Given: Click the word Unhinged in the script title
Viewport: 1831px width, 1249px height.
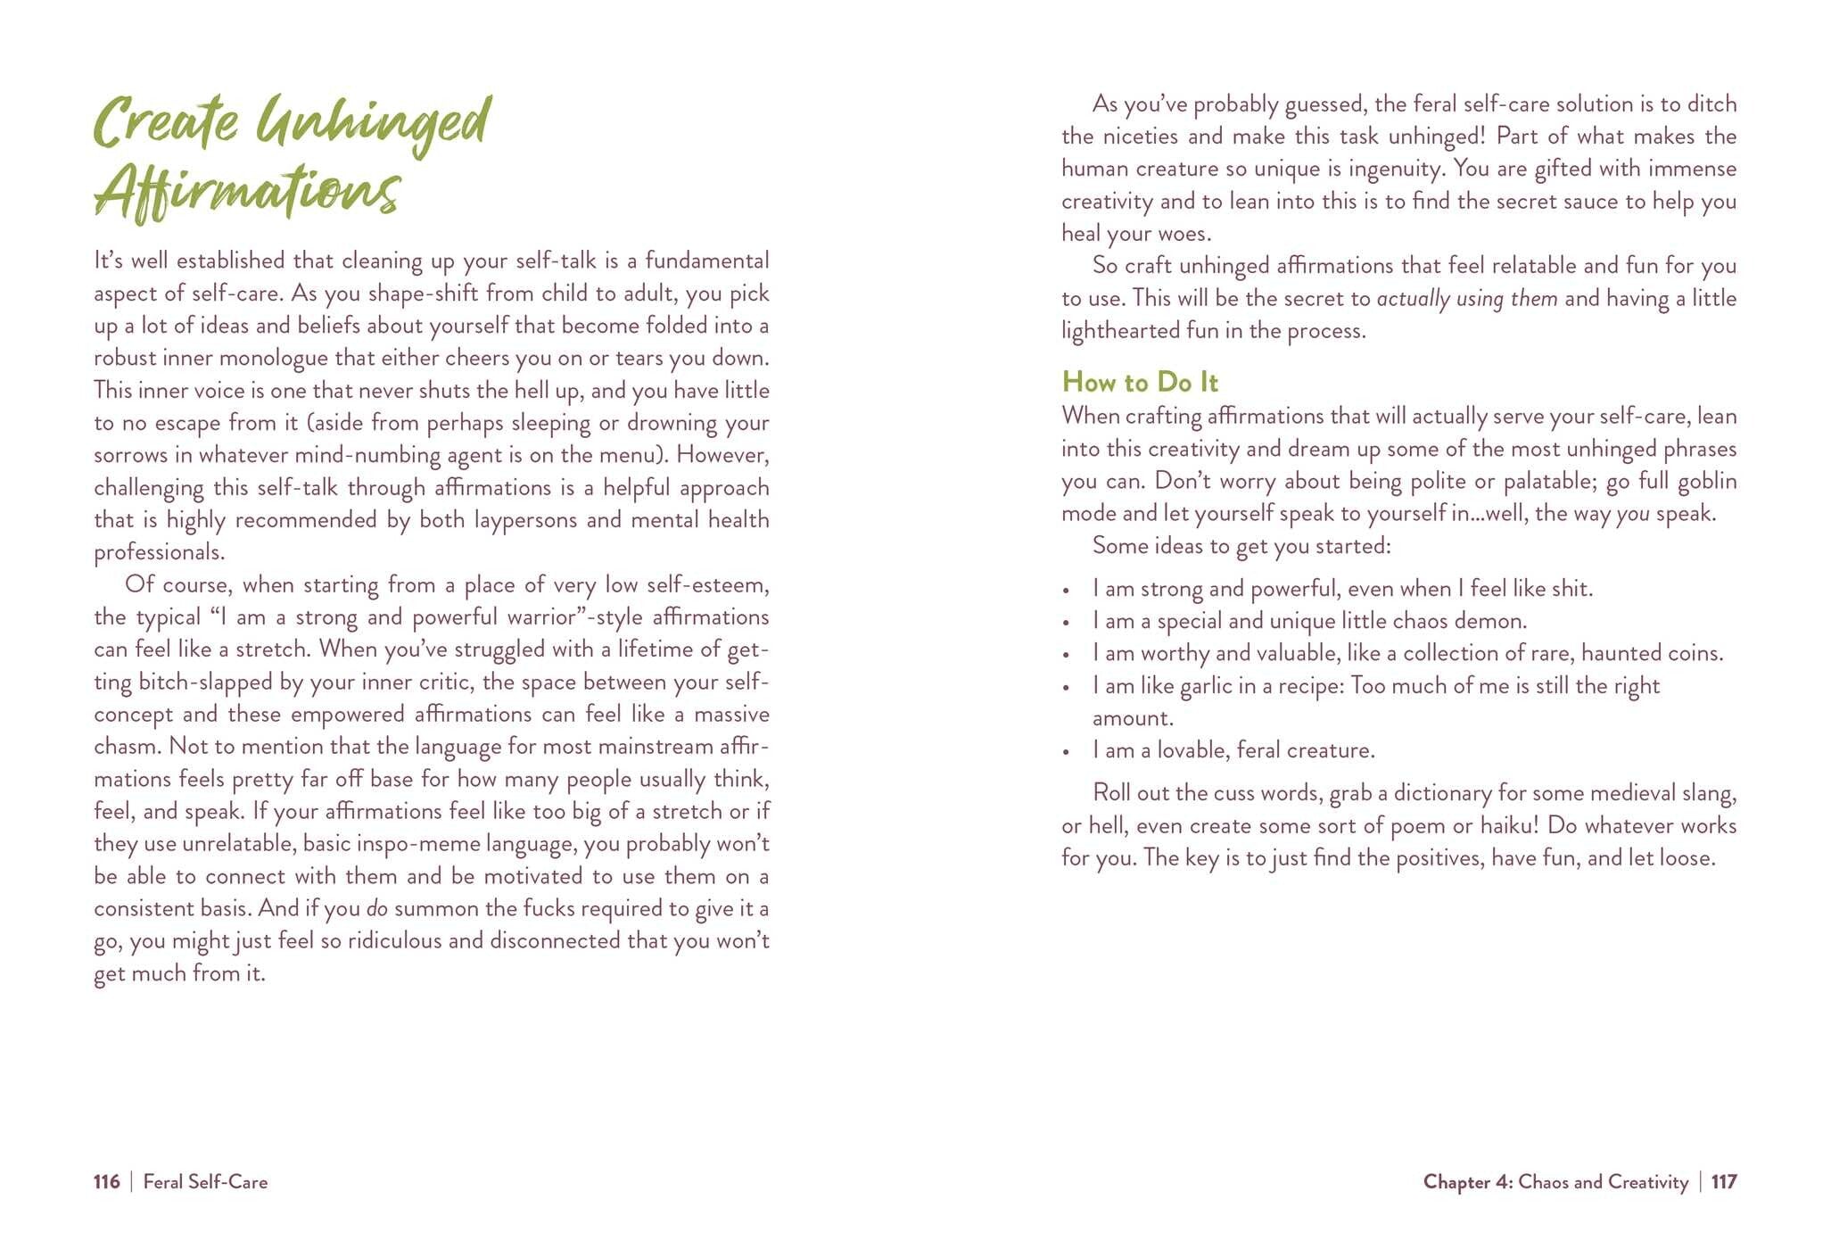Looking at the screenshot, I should click(x=373, y=124).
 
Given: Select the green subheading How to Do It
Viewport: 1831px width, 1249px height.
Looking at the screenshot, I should click(x=1139, y=383).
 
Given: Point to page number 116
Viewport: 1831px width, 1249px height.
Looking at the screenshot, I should click(x=106, y=1182).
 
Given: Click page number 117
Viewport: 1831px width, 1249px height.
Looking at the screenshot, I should click(x=1724, y=1182).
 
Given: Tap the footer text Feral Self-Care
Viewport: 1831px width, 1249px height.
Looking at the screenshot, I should click(x=205, y=1182).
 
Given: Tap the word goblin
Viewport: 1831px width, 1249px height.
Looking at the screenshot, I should click(x=1707, y=482).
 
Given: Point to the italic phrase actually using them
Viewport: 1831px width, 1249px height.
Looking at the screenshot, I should click(x=1467, y=298).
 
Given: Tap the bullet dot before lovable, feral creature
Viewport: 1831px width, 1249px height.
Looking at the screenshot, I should click(x=1066, y=752).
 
